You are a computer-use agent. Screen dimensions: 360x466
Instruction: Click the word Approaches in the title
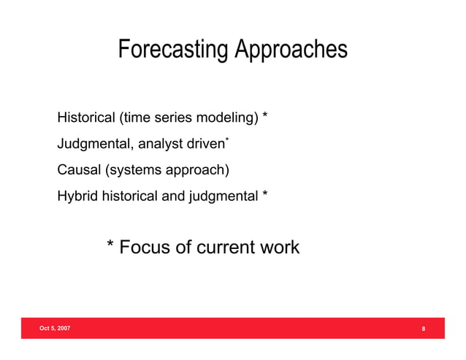(x=290, y=50)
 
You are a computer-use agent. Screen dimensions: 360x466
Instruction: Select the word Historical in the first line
(x=86, y=118)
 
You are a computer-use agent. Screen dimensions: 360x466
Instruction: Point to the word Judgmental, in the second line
(x=93, y=145)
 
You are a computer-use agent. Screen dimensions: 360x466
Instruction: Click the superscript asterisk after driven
(x=227, y=139)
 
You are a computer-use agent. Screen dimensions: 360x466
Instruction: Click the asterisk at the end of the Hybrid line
(x=265, y=196)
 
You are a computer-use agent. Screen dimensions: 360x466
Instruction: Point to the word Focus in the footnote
(x=144, y=247)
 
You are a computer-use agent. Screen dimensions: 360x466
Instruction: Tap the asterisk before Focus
(x=110, y=245)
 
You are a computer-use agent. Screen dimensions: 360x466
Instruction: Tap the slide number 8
(x=424, y=329)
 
